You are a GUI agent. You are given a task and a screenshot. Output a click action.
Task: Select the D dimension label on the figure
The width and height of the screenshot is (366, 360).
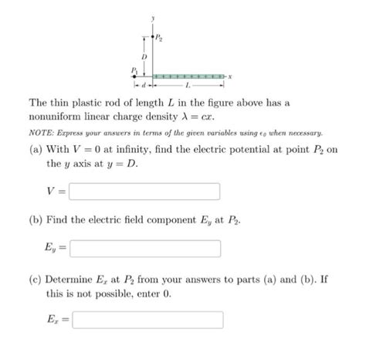pos(142,56)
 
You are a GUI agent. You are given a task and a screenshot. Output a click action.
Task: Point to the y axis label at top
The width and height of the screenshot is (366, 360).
pos(153,17)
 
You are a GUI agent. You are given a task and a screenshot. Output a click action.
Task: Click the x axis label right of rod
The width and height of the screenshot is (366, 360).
pos(232,77)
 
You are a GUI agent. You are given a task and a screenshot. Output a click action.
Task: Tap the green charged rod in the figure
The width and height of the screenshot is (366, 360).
pos(188,77)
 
